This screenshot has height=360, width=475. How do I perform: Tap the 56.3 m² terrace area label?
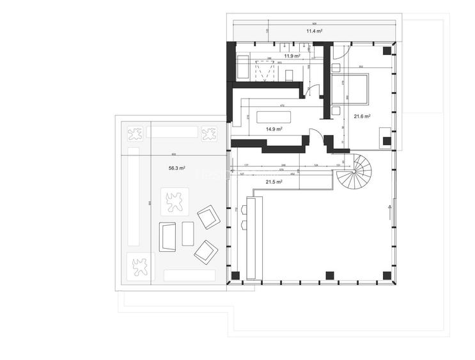click(x=177, y=168)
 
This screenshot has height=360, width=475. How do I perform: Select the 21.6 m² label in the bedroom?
click(x=362, y=116)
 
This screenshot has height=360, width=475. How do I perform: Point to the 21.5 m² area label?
click(x=274, y=182)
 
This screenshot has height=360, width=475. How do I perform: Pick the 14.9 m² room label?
click(x=274, y=129)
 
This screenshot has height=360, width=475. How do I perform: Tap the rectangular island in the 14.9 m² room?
click(x=274, y=117)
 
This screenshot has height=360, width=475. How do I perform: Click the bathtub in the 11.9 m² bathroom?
click(x=243, y=68)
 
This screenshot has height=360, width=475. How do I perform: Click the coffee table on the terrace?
click(x=187, y=233)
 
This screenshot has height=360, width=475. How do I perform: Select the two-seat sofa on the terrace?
click(x=169, y=236)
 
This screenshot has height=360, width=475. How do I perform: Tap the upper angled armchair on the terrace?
click(x=208, y=217)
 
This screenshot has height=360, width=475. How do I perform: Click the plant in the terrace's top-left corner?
click(x=135, y=134)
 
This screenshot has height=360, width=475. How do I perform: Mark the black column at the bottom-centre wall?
click(x=329, y=276)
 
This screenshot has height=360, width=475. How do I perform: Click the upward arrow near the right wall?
click(x=387, y=208)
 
